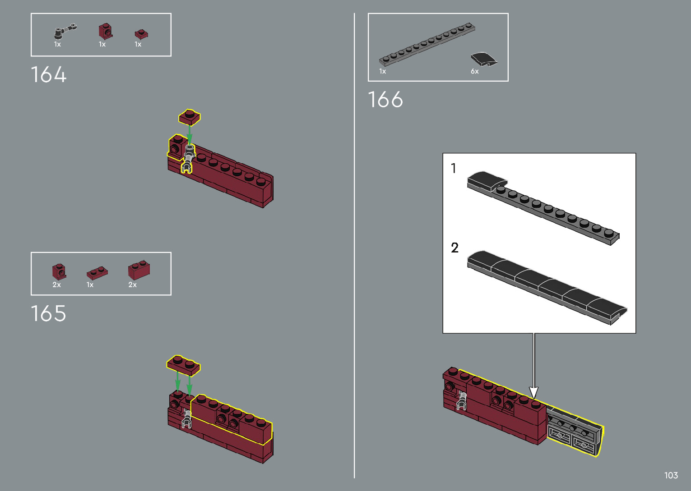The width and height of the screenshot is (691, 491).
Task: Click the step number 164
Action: click(x=48, y=74)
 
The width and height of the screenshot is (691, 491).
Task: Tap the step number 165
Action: click(x=48, y=313)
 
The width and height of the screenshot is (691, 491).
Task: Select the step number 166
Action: click(x=385, y=100)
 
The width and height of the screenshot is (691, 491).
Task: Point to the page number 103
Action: click(x=671, y=475)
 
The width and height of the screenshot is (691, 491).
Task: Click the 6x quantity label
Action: click(x=474, y=72)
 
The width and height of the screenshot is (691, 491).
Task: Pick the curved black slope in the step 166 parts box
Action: click(x=484, y=59)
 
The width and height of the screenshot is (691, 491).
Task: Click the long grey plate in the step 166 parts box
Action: click(x=427, y=44)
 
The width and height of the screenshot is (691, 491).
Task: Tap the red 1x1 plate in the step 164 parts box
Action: click(x=141, y=34)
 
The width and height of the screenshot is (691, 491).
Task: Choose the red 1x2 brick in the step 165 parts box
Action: click(x=139, y=271)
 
